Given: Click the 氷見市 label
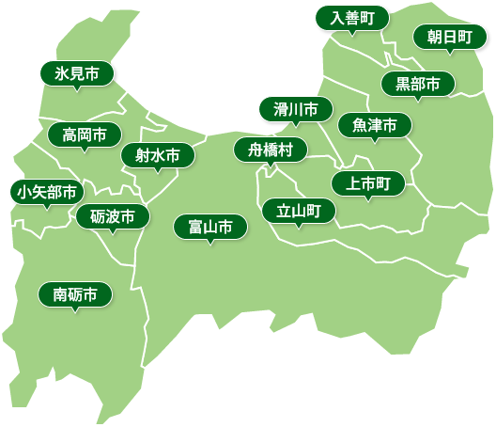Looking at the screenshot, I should [77, 73].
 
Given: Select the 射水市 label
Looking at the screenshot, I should [158, 155].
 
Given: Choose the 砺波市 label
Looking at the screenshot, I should [113, 217].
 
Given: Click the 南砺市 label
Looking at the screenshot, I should [75, 294].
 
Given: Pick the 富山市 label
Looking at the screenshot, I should [210, 227].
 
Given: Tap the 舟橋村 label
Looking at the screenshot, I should [271, 150].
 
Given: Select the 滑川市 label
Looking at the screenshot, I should [296, 109].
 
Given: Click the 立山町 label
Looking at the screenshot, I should [299, 211].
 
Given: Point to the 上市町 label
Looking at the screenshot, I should [368, 182].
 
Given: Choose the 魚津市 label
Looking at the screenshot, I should [375, 124].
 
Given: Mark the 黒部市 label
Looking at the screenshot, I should [418, 84].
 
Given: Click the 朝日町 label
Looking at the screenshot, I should [450, 37].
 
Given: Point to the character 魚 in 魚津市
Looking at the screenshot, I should [360, 124].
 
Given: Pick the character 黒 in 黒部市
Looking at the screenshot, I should [403, 84].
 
